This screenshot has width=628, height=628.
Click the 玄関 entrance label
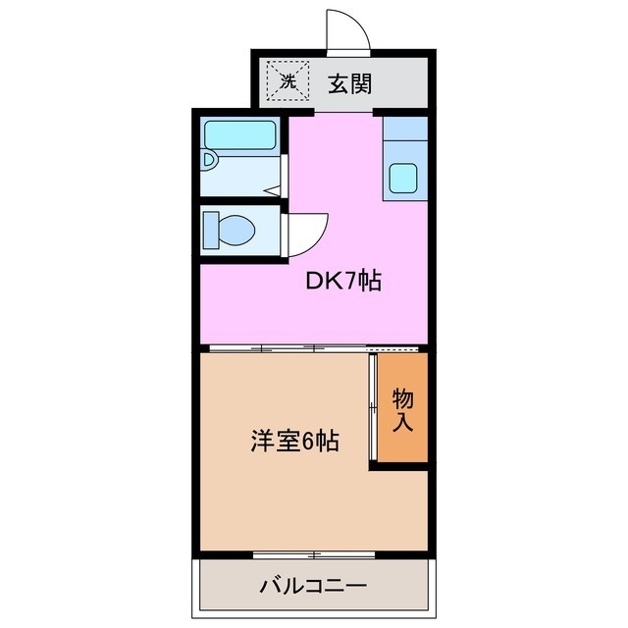(x=348, y=83)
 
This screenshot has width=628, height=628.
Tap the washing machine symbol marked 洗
(x=288, y=82)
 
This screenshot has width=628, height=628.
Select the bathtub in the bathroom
(x=239, y=133)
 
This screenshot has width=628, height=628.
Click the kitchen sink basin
(x=404, y=178)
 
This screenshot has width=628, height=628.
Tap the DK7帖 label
(x=342, y=283)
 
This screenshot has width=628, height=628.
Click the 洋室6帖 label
(x=294, y=442)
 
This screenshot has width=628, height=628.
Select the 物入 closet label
(x=403, y=411)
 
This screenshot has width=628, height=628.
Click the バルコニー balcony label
(x=313, y=587)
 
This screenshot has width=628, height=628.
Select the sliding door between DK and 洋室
(x=294, y=348)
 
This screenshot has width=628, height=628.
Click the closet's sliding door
(x=374, y=407)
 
